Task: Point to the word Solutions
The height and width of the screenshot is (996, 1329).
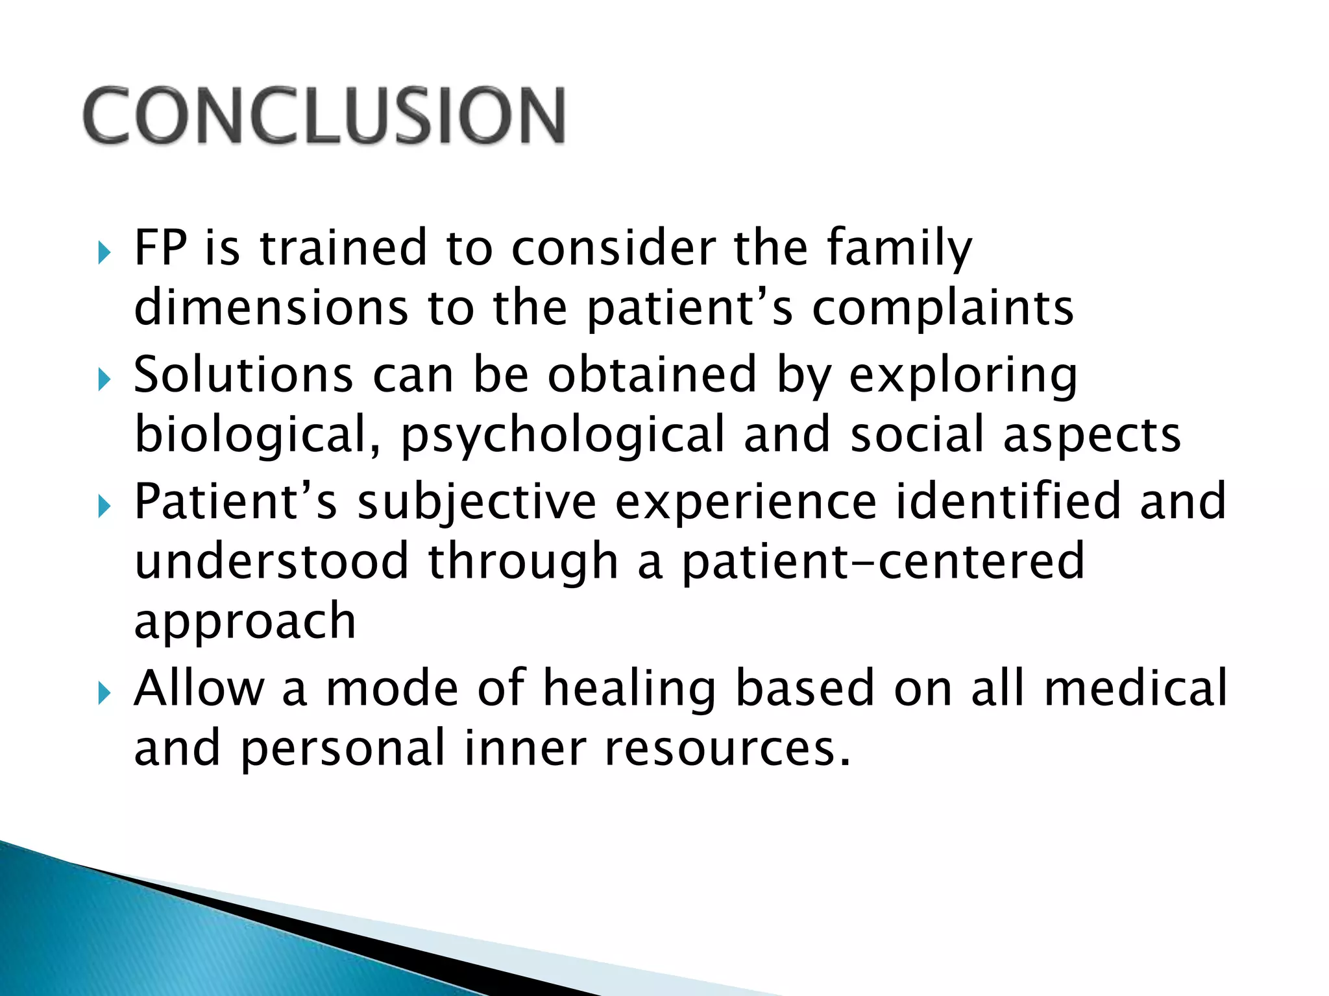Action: (x=243, y=375)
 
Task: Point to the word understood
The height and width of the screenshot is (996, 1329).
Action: (x=271, y=561)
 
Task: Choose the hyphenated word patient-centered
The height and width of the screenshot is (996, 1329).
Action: (x=883, y=562)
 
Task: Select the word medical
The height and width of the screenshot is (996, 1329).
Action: (x=1136, y=687)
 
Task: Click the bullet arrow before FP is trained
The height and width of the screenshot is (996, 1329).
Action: (x=104, y=252)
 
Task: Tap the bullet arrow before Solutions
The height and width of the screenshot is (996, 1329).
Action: (x=104, y=379)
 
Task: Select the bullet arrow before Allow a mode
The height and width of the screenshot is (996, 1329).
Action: (x=104, y=693)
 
